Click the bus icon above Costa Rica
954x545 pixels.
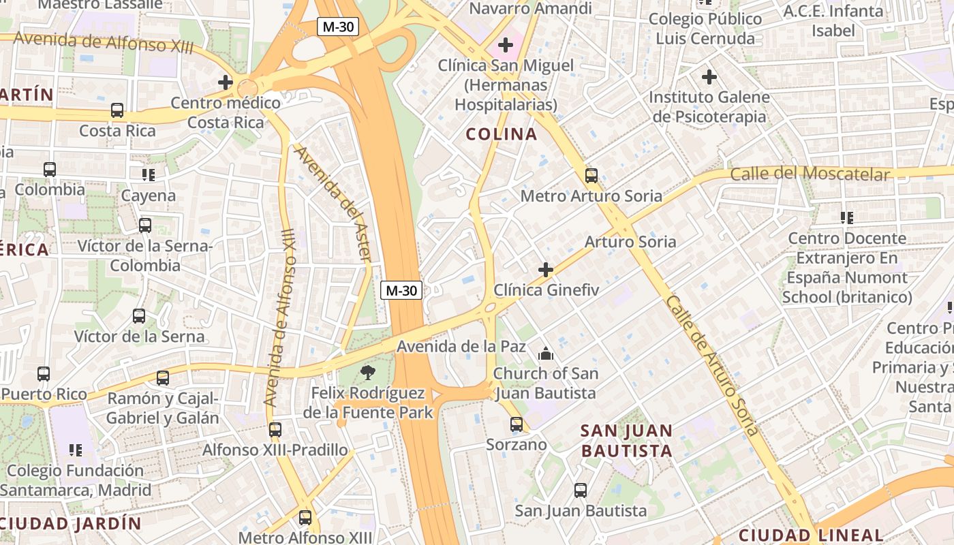117,110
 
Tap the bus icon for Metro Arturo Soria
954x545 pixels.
591,175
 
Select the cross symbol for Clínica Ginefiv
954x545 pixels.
546,270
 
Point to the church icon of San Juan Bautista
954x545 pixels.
545,354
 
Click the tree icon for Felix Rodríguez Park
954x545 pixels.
368,372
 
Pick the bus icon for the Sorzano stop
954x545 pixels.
516,424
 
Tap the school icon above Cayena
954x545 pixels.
148,175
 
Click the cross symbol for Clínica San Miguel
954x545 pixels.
505,46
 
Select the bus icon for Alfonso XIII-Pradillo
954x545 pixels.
275,429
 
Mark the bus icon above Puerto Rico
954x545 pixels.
44,373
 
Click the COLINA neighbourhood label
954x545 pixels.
502,134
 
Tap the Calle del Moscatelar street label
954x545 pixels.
810,174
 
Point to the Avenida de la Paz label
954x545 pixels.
461,346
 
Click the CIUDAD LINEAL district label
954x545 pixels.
810,535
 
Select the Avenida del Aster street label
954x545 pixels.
334,204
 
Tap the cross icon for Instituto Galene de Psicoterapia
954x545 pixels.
709,77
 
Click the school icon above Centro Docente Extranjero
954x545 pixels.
846,218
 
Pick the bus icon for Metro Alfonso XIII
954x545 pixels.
305,517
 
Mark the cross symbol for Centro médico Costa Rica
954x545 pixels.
226,82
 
